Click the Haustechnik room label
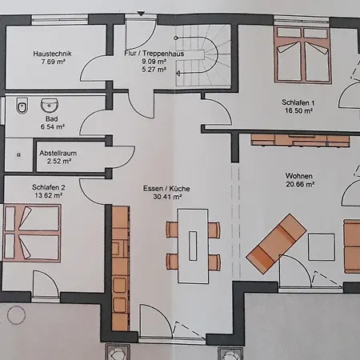(x=53, y=54)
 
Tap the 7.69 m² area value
(x=53, y=62)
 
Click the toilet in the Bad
(x=21, y=106)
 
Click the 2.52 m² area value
(x=56, y=162)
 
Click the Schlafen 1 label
(x=297, y=103)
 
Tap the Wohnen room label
(x=298, y=175)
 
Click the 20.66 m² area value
(x=298, y=185)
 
